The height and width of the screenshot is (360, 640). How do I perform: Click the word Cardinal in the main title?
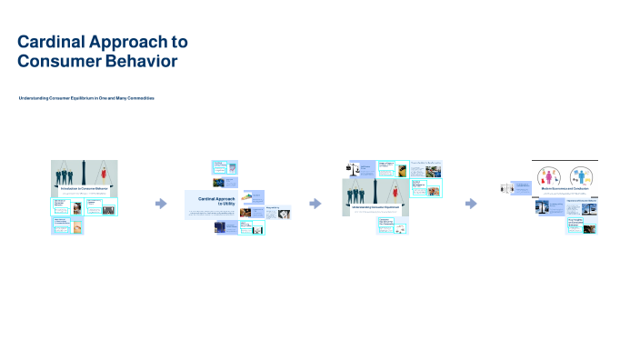click(54, 43)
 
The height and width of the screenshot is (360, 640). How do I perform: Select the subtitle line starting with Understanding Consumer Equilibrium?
click(86, 97)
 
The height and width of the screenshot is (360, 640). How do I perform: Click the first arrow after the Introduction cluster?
click(161, 203)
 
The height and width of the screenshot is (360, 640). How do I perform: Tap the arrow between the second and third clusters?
click(315, 203)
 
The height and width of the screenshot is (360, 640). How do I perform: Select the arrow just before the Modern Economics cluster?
click(471, 203)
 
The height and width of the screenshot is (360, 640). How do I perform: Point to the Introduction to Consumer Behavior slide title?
click(84, 187)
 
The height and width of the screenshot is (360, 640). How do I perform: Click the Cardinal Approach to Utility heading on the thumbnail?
click(218, 201)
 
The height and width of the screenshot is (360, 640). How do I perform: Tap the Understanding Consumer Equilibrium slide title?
click(375, 207)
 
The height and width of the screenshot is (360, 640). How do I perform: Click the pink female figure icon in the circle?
click(550, 175)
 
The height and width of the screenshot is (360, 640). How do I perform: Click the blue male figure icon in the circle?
click(581, 175)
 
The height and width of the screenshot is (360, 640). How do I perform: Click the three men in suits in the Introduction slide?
click(67, 174)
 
